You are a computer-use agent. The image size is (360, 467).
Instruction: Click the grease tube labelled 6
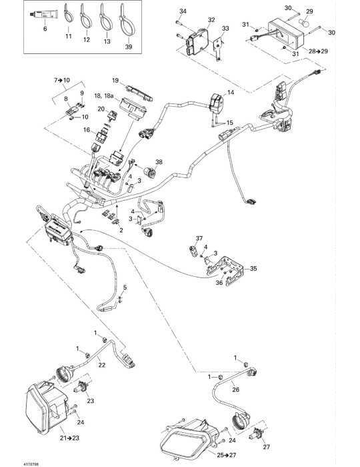tap(44, 15)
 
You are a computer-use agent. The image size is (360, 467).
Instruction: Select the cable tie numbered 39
tap(127, 20)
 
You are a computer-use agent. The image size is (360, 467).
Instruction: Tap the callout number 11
tap(69, 36)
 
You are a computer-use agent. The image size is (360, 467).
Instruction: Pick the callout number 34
tap(183, 11)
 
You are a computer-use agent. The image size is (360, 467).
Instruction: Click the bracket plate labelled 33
tap(219, 48)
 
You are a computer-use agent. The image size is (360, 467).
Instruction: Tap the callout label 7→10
tap(62, 80)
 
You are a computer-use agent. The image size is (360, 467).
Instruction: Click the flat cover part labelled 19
tap(139, 93)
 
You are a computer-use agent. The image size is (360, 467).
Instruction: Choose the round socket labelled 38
tap(149, 171)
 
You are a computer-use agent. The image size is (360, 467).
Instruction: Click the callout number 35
tap(253, 269)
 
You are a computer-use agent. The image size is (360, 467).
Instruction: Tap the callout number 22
tap(102, 365)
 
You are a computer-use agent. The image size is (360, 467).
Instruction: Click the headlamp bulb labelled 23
tap(82, 387)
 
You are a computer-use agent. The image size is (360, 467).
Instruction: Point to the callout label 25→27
tap(227, 455)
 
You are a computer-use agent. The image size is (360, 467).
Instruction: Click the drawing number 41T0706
tap(31, 464)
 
